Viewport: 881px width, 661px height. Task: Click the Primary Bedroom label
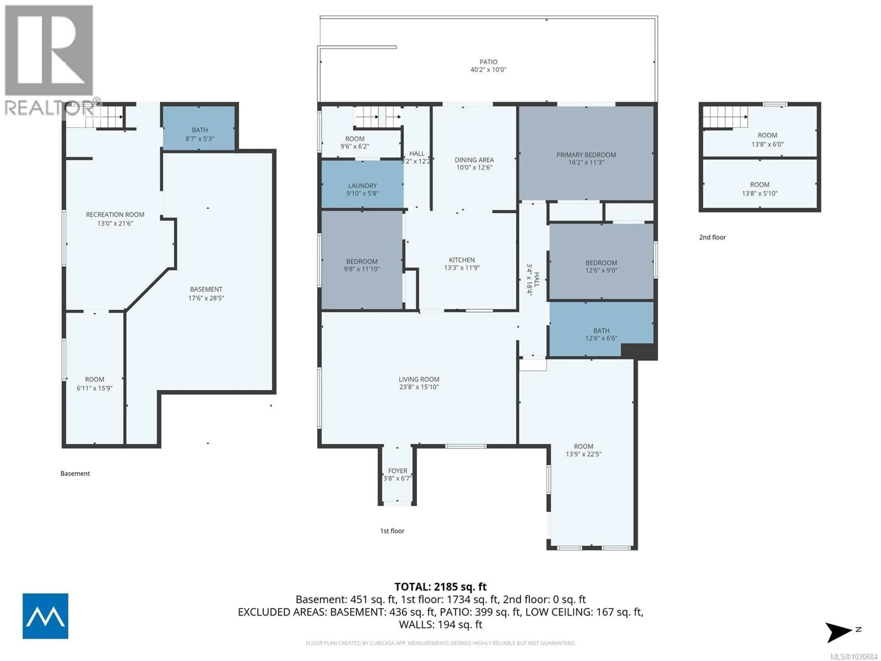pyautogui.click(x=586, y=155)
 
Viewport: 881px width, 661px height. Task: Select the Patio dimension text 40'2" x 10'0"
pyautogui.click(x=488, y=70)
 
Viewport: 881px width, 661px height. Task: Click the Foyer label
pyautogui.click(x=398, y=471)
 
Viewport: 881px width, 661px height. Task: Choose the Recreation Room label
pyautogui.click(x=115, y=214)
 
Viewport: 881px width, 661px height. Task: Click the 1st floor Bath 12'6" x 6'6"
pyautogui.click(x=601, y=334)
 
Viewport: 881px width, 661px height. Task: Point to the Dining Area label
pyautogui.click(x=474, y=160)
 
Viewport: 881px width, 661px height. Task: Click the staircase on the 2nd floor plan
pyautogui.click(x=724, y=117)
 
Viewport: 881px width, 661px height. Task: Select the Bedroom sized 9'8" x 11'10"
pyautogui.click(x=362, y=265)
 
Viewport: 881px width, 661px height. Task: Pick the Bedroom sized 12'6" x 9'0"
pyautogui.click(x=601, y=266)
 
